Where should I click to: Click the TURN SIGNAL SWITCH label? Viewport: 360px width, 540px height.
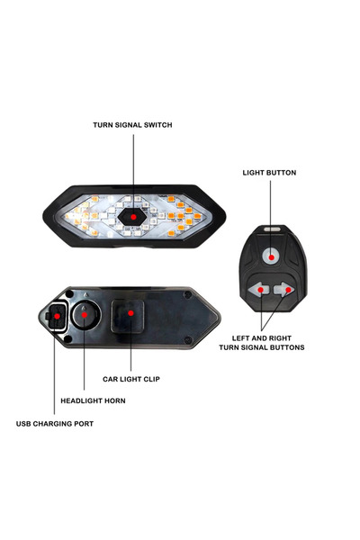(x=132, y=125)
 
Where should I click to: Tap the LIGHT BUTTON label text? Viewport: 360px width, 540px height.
(x=269, y=173)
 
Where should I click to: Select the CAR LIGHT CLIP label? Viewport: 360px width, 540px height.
(x=131, y=379)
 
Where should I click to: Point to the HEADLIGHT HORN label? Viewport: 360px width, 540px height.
(x=93, y=400)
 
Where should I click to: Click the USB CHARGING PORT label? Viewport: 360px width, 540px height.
(x=55, y=424)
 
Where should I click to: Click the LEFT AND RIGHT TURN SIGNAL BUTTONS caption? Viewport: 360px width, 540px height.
(x=262, y=343)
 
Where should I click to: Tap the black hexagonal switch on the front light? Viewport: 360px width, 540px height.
(x=132, y=217)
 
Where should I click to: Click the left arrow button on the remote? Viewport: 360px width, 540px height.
(x=257, y=290)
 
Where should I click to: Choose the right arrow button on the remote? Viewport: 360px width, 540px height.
(x=284, y=290)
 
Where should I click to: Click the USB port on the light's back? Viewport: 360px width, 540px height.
(x=57, y=316)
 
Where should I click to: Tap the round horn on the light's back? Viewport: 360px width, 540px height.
(x=85, y=315)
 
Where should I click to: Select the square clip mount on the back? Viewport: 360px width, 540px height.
(x=128, y=316)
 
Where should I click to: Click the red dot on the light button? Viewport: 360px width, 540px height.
(x=272, y=257)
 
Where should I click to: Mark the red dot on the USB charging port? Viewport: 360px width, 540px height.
(x=58, y=316)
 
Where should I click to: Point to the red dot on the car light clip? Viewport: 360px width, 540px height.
(x=130, y=313)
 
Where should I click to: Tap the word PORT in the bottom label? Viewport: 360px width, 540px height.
(x=84, y=424)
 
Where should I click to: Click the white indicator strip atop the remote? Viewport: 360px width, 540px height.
(x=272, y=229)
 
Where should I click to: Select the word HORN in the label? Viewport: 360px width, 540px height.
(x=114, y=400)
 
